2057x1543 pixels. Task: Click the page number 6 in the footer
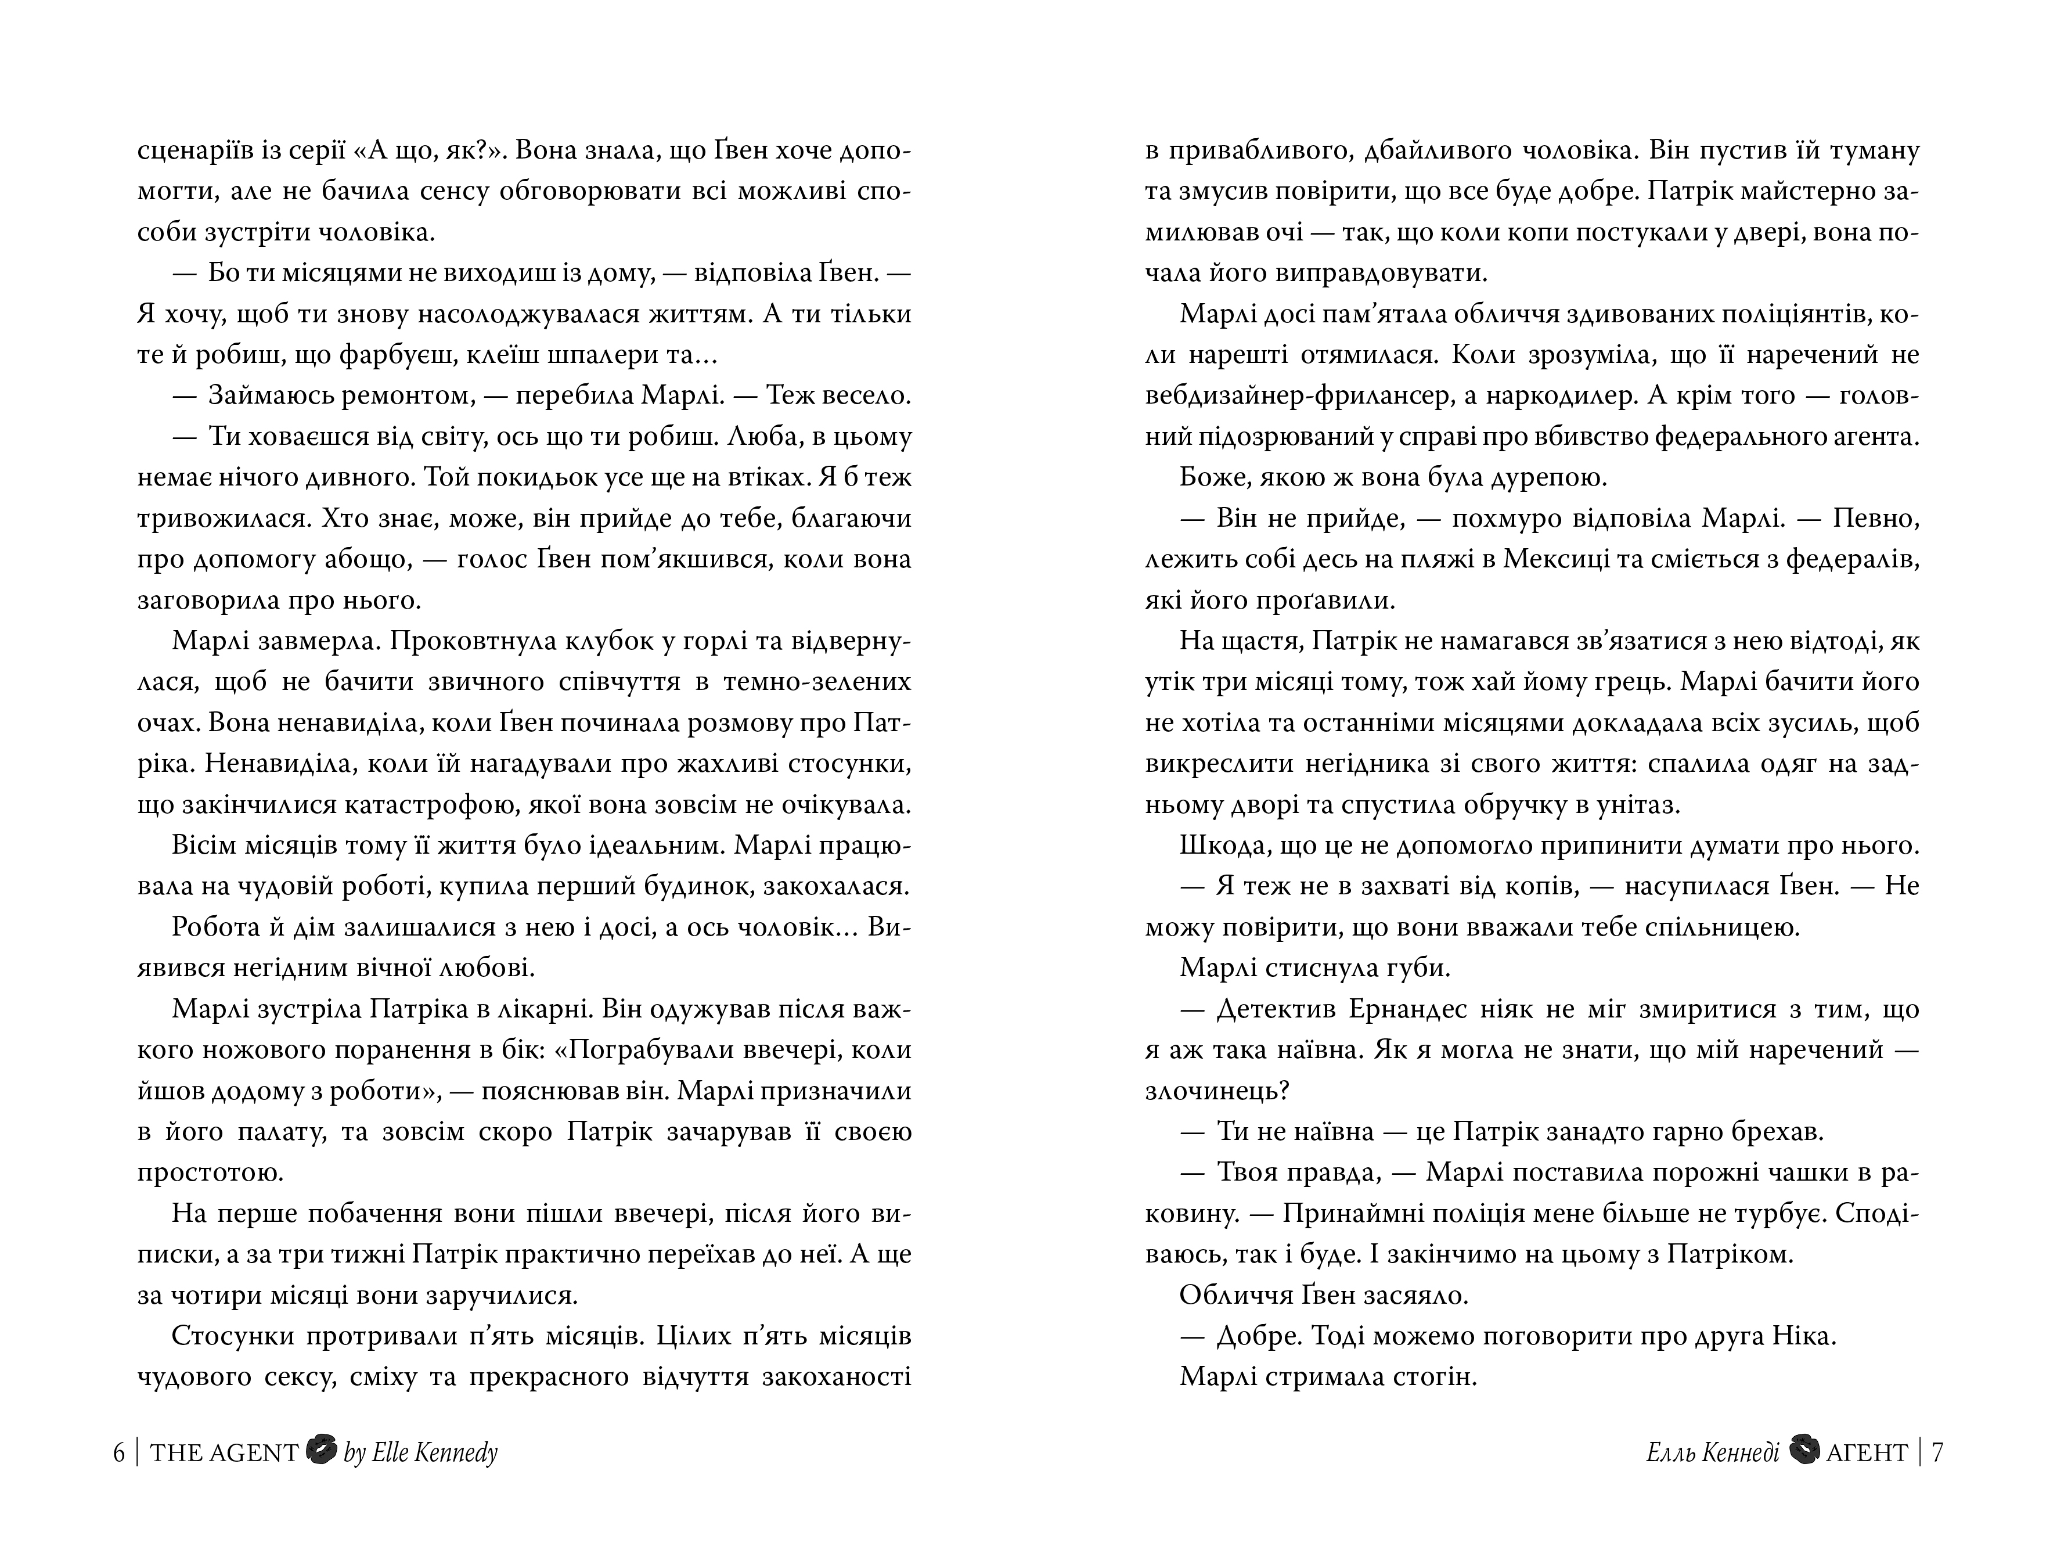(x=119, y=1453)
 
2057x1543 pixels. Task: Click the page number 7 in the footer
(x=1937, y=1453)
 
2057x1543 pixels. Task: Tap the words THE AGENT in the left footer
(x=224, y=1453)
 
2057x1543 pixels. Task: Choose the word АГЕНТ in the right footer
(x=1867, y=1453)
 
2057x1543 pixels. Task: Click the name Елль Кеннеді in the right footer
(x=1712, y=1453)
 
